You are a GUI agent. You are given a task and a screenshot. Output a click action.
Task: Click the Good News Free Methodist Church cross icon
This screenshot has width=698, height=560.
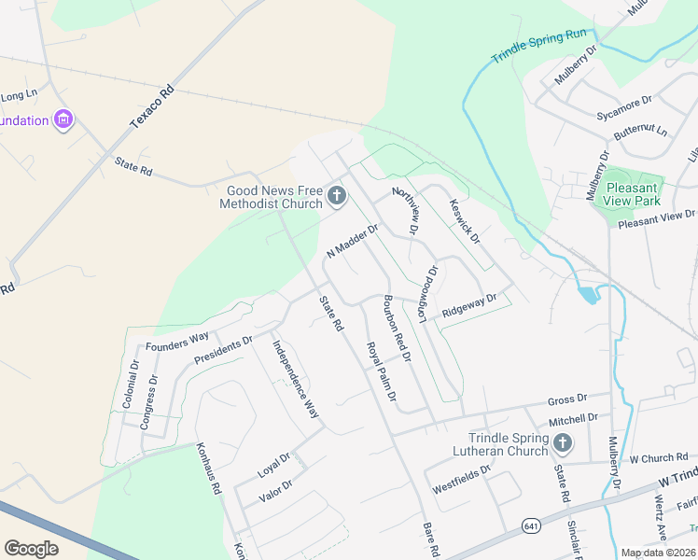click(x=336, y=197)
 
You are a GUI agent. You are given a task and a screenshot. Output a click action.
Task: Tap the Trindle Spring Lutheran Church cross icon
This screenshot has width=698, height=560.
click(x=562, y=442)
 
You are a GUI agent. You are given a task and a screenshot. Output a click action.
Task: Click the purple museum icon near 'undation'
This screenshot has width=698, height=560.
click(x=63, y=119)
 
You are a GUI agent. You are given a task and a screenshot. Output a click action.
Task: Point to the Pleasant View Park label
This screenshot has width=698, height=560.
click(x=632, y=194)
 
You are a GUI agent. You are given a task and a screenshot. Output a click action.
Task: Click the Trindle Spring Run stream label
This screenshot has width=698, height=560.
click(x=539, y=49)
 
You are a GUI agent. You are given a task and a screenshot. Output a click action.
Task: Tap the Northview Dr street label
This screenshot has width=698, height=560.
click(x=406, y=209)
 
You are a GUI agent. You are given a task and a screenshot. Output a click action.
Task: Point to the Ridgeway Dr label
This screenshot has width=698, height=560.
click(x=469, y=305)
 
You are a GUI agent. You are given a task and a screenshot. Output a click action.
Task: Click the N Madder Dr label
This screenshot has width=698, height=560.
click(x=352, y=242)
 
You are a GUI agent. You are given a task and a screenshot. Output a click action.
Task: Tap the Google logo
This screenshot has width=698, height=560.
click(x=31, y=548)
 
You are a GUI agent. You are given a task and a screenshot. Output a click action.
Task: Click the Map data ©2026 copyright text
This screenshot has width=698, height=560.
click(x=659, y=553)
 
